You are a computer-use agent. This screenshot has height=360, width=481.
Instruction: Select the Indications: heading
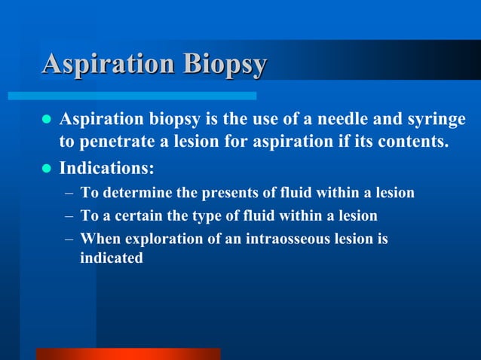tap(106, 166)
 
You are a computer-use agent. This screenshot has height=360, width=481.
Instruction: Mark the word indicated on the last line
tap(112, 258)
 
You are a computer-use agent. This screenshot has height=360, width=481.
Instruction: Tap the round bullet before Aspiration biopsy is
tap(46, 121)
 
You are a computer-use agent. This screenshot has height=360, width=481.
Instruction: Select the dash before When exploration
tap(68, 240)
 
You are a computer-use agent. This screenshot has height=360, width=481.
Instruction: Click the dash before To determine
tap(68, 194)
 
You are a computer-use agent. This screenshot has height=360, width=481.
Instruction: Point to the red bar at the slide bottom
tap(128, 354)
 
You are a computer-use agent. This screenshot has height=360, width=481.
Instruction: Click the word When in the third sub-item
tap(98, 240)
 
